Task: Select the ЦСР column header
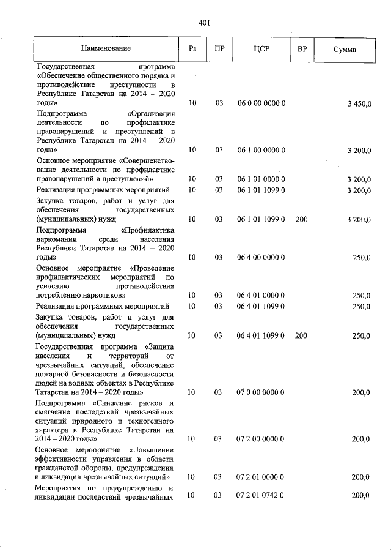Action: [261, 48]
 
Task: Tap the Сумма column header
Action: [345, 48]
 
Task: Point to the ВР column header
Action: [301, 48]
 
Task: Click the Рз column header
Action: [192, 48]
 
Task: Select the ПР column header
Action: [218, 48]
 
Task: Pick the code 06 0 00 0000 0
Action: [261, 104]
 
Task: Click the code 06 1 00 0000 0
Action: [261, 149]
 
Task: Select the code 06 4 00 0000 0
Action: [261, 258]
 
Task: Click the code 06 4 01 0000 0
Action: [261, 296]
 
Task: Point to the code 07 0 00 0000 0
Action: [261, 391]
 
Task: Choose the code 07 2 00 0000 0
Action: [261, 439]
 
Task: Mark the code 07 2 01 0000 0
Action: [261, 476]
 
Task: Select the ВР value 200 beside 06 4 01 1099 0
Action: [301, 335]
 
